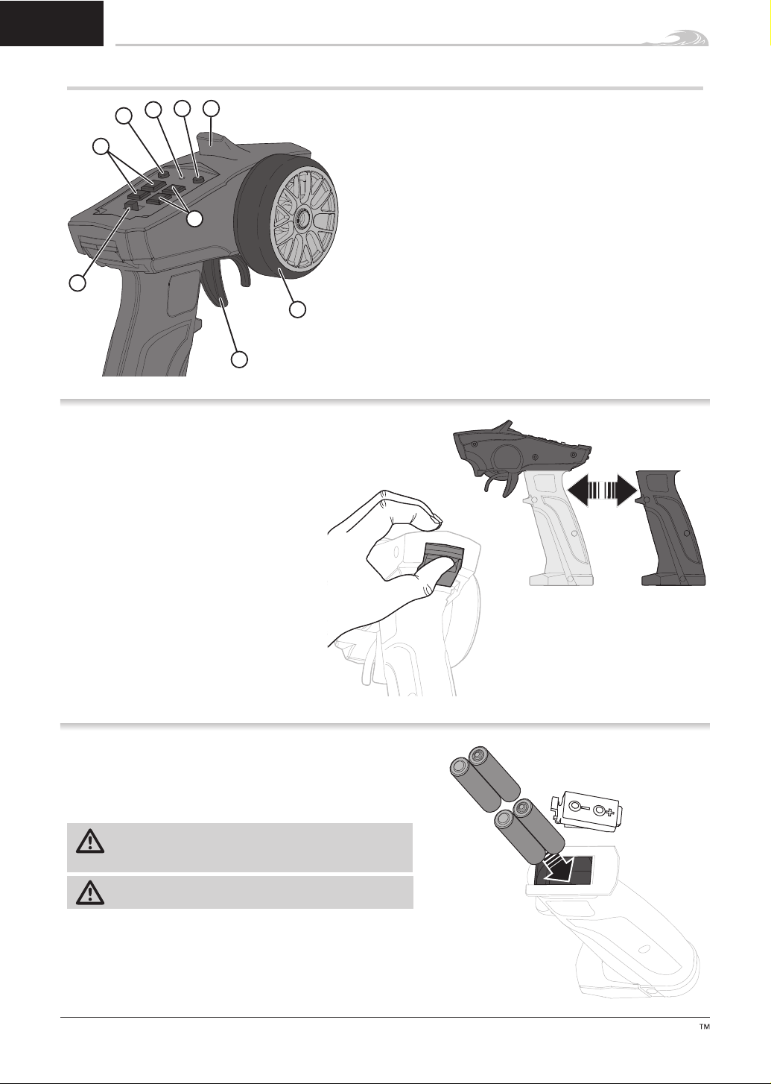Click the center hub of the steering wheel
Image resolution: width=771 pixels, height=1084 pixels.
pos(302,220)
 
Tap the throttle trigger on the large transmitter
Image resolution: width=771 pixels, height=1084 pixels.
pos(217,285)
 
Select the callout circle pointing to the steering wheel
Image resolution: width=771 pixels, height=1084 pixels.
pos(298,309)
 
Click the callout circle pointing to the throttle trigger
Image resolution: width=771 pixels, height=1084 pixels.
pos(239,359)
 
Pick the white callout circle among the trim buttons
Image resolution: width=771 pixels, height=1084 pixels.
pos(195,218)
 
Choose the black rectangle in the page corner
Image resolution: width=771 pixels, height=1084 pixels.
pos(51,23)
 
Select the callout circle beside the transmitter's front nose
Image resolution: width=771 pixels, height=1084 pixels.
pos(77,283)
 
